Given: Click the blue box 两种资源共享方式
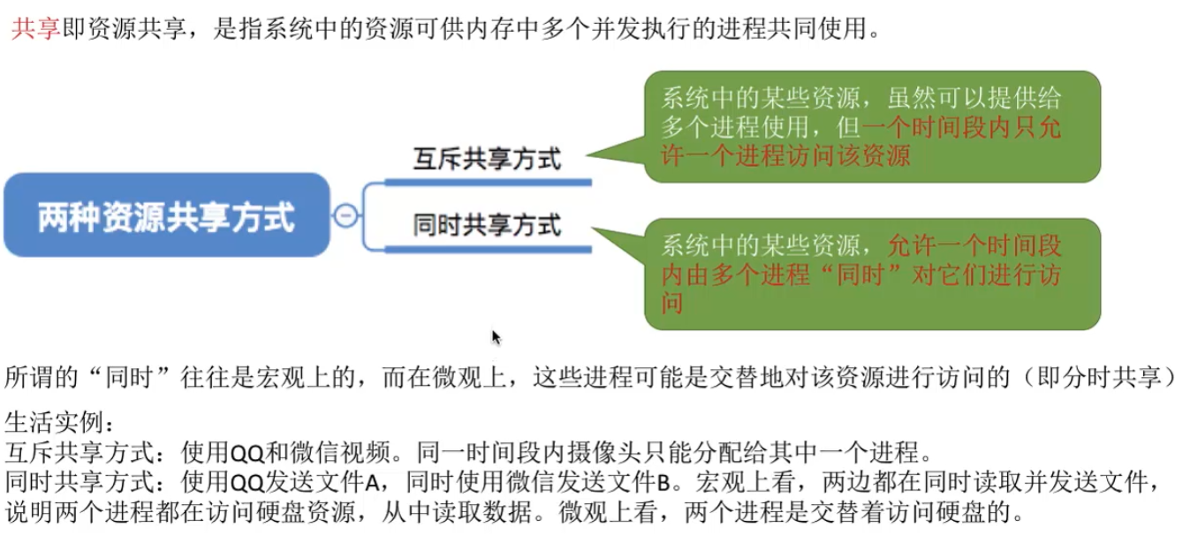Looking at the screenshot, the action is [x=166, y=216].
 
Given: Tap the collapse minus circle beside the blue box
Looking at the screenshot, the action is [x=346, y=215].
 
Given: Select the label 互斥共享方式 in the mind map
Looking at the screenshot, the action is [x=487, y=159].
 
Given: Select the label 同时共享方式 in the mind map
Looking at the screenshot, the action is [x=487, y=225].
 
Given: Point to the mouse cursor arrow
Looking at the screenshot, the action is [x=496, y=337].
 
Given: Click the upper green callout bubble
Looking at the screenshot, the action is [x=871, y=126].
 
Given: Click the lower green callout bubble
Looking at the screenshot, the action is [x=871, y=275].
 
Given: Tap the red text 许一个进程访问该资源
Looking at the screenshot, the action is [x=786, y=156].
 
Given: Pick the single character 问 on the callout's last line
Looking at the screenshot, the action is [x=673, y=304].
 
